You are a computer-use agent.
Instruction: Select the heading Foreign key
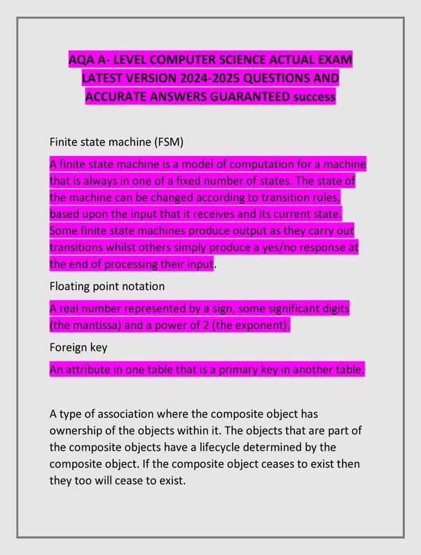(x=78, y=347)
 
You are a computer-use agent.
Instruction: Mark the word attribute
(x=92, y=370)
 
